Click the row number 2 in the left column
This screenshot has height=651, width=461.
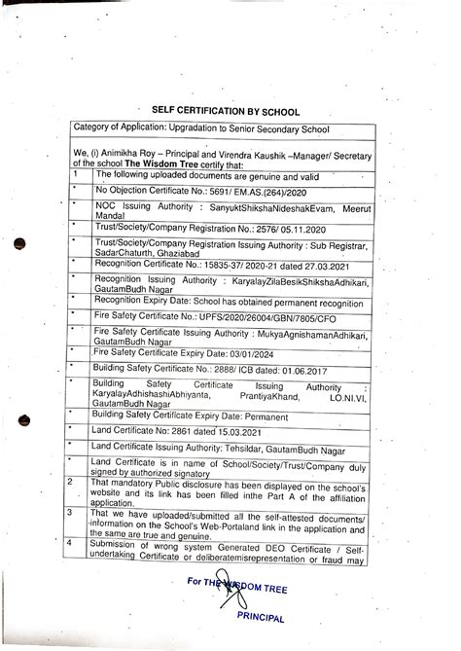tap(69, 508)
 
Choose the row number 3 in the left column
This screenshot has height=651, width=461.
tap(69, 539)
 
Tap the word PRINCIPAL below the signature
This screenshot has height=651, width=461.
tap(256, 620)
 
